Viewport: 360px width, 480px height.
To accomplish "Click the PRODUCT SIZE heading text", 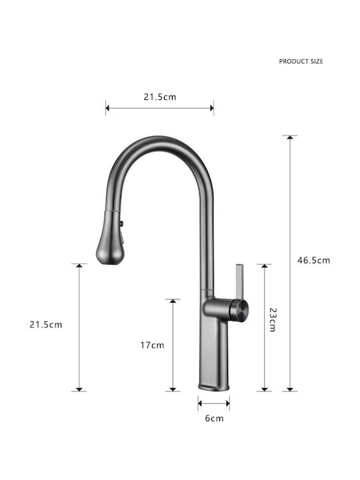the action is (x=301, y=61).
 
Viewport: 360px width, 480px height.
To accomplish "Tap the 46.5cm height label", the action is (x=314, y=261).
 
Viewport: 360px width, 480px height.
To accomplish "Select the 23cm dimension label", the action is (x=273, y=319).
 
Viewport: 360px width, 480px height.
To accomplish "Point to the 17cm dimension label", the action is (x=152, y=345).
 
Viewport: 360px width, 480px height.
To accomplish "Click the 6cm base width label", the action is (x=214, y=418).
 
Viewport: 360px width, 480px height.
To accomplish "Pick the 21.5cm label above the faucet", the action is (x=160, y=97).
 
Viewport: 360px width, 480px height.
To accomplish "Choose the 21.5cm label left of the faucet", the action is (x=45, y=325).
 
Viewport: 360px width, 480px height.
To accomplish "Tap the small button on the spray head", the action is (x=122, y=223).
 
